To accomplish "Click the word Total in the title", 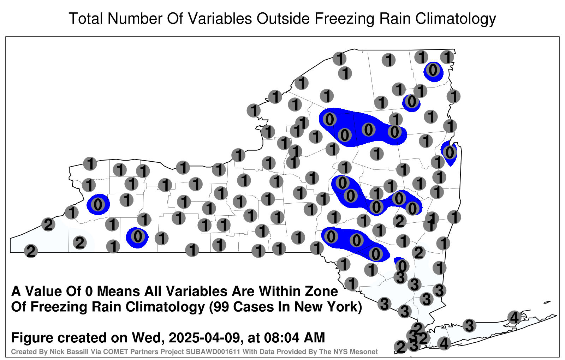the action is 85,19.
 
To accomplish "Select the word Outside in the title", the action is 283,19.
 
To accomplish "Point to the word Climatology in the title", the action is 456,19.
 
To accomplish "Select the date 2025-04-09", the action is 204,338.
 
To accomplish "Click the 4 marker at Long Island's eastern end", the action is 514,317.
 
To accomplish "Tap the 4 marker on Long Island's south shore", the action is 444,343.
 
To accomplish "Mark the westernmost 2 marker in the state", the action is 31,251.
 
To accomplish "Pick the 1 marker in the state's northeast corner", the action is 447,57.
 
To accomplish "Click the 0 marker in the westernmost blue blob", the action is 98,204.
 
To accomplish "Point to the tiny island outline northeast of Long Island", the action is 547,302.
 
